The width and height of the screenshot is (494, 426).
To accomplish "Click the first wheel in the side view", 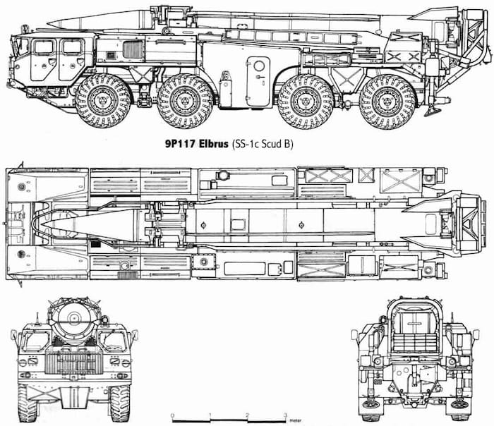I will pos(102,100).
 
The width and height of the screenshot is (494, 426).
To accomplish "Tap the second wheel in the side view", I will pos(185,100).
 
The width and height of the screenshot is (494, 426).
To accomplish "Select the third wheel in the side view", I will pos(306,100).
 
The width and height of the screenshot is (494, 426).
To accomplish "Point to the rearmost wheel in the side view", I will pos(387,100).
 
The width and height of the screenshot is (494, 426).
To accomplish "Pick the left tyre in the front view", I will pos(29,402).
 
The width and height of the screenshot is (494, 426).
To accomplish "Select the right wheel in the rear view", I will pos(459,402).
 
